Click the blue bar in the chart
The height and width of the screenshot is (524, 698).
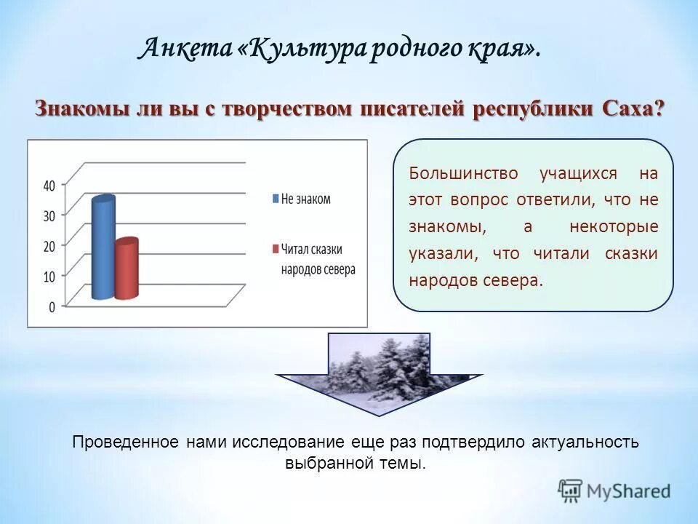click(103, 247)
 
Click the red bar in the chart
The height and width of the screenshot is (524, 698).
click(127, 269)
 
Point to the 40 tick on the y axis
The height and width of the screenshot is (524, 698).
click(49, 186)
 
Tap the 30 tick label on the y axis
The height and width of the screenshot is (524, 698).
click(49, 216)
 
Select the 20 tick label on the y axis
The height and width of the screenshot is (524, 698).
click(49, 247)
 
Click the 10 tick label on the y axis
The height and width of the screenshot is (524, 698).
click(49, 277)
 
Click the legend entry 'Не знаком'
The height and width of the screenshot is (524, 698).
click(305, 199)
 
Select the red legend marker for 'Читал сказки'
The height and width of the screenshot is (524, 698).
click(276, 249)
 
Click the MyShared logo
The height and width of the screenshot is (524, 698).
click(614, 491)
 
